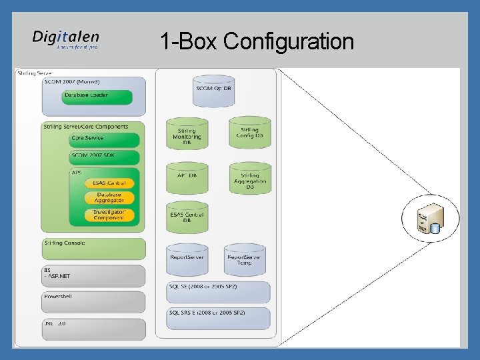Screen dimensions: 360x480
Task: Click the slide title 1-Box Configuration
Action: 257,41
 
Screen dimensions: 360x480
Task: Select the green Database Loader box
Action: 97,97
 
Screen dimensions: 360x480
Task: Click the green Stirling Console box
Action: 93,248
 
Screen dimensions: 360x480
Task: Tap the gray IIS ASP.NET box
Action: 93,275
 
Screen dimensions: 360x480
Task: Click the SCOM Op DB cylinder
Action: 213,90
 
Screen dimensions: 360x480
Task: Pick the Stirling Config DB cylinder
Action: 249,132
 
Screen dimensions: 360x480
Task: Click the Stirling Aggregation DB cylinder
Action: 249,179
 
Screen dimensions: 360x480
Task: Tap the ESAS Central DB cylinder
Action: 187,217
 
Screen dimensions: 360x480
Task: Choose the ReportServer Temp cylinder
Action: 245,259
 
